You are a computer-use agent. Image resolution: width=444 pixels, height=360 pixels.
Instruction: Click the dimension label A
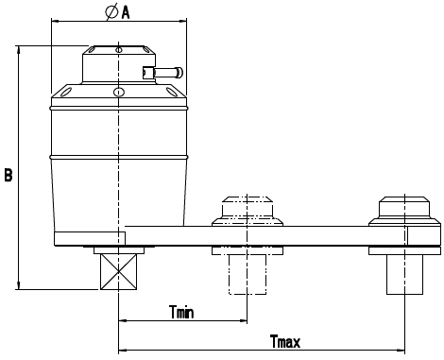126,12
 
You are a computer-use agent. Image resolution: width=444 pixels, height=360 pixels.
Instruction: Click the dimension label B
9,175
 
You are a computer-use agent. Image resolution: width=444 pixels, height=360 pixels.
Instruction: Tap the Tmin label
181,312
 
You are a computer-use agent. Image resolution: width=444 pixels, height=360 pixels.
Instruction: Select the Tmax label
285,341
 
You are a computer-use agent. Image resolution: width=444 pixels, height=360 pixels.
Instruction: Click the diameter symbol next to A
111,12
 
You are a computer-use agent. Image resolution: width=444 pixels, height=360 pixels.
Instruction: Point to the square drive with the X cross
119,271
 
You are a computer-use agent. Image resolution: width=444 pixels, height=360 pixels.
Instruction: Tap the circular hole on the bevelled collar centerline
118,92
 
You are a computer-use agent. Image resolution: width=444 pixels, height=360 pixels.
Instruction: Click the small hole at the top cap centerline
119,50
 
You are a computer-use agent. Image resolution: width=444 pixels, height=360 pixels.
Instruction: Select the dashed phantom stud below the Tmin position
248,274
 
